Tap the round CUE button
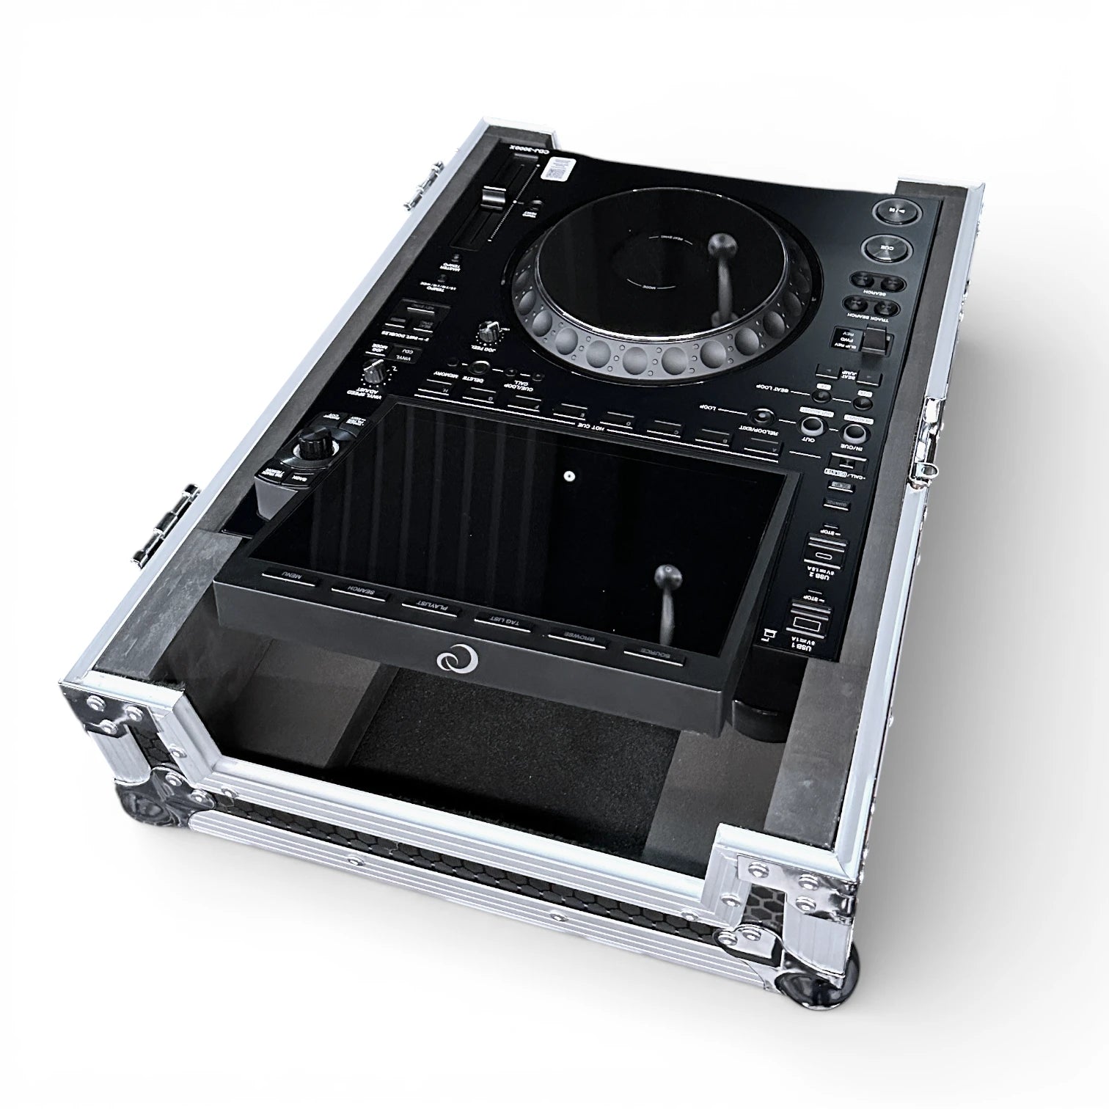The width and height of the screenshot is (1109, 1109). tap(888, 249)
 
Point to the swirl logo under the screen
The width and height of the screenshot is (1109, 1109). tap(457, 659)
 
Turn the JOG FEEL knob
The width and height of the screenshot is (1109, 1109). tap(485, 332)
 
